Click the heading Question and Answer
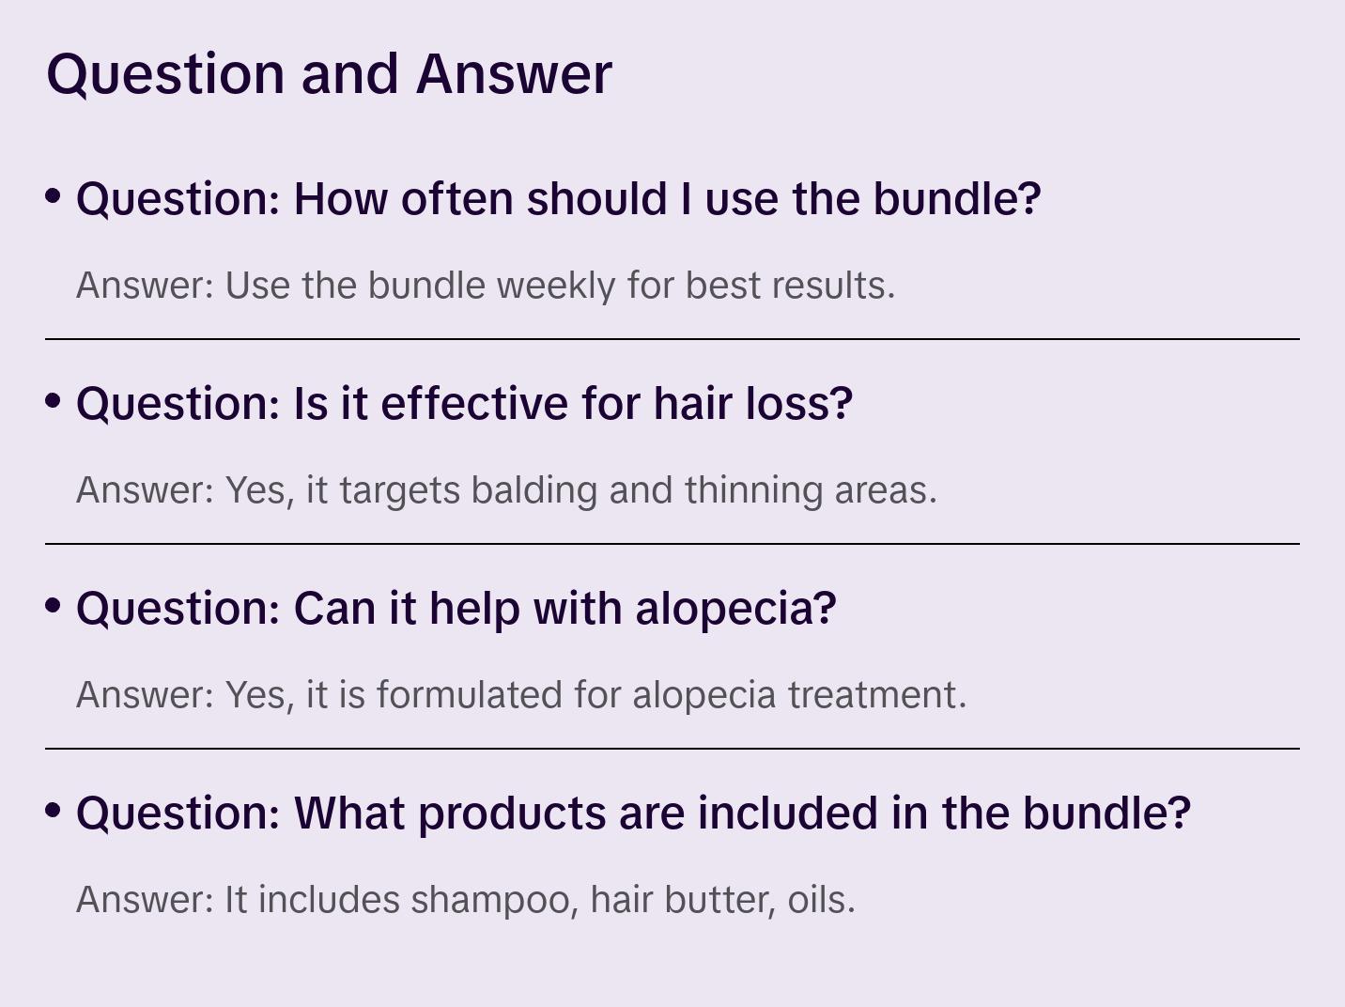point(329,73)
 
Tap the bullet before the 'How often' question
point(54,195)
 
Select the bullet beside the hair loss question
point(54,400)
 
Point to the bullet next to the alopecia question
point(54,605)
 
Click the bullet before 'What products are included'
point(54,810)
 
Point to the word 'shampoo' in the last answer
point(492,900)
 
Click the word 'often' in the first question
point(458,199)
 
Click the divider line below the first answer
point(672,339)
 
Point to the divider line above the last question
point(672,749)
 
